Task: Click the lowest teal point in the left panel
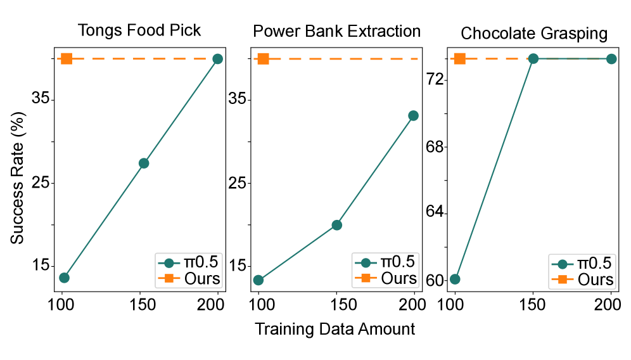[64, 278]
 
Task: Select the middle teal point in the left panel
[144, 163]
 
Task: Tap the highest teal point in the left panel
[217, 59]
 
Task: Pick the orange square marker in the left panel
[67, 59]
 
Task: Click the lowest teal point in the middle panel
[258, 280]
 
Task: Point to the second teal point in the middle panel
[336, 225]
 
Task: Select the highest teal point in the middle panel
[413, 115]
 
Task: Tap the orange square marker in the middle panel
[263, 59]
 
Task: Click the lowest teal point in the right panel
[455, 279]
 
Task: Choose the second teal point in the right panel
[533, 59]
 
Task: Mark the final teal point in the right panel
[611, 59]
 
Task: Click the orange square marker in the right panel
[459, 59]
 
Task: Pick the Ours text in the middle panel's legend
[398, 278]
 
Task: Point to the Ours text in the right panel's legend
[595, 280]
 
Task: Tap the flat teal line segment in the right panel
[572, 59]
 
